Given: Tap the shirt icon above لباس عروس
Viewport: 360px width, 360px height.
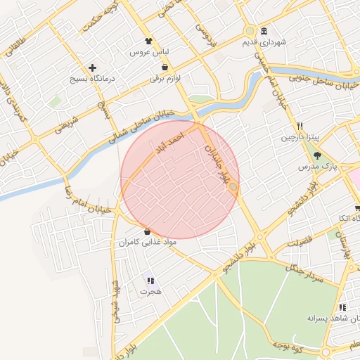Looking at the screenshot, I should coord(148,41).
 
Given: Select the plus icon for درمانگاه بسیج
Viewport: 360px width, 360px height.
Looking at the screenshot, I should coord(92,67).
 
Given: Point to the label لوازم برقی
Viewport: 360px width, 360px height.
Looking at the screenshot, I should coord(165,79).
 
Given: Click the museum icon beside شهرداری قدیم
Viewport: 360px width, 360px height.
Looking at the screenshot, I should coord(264,31).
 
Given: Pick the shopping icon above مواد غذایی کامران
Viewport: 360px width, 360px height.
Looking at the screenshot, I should coord(146,231).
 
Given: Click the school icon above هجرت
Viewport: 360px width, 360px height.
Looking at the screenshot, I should coord(150,280).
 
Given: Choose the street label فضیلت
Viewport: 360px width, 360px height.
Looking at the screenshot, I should coord(299,241).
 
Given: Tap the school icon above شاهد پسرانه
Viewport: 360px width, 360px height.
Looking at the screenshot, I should coord(342,307).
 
